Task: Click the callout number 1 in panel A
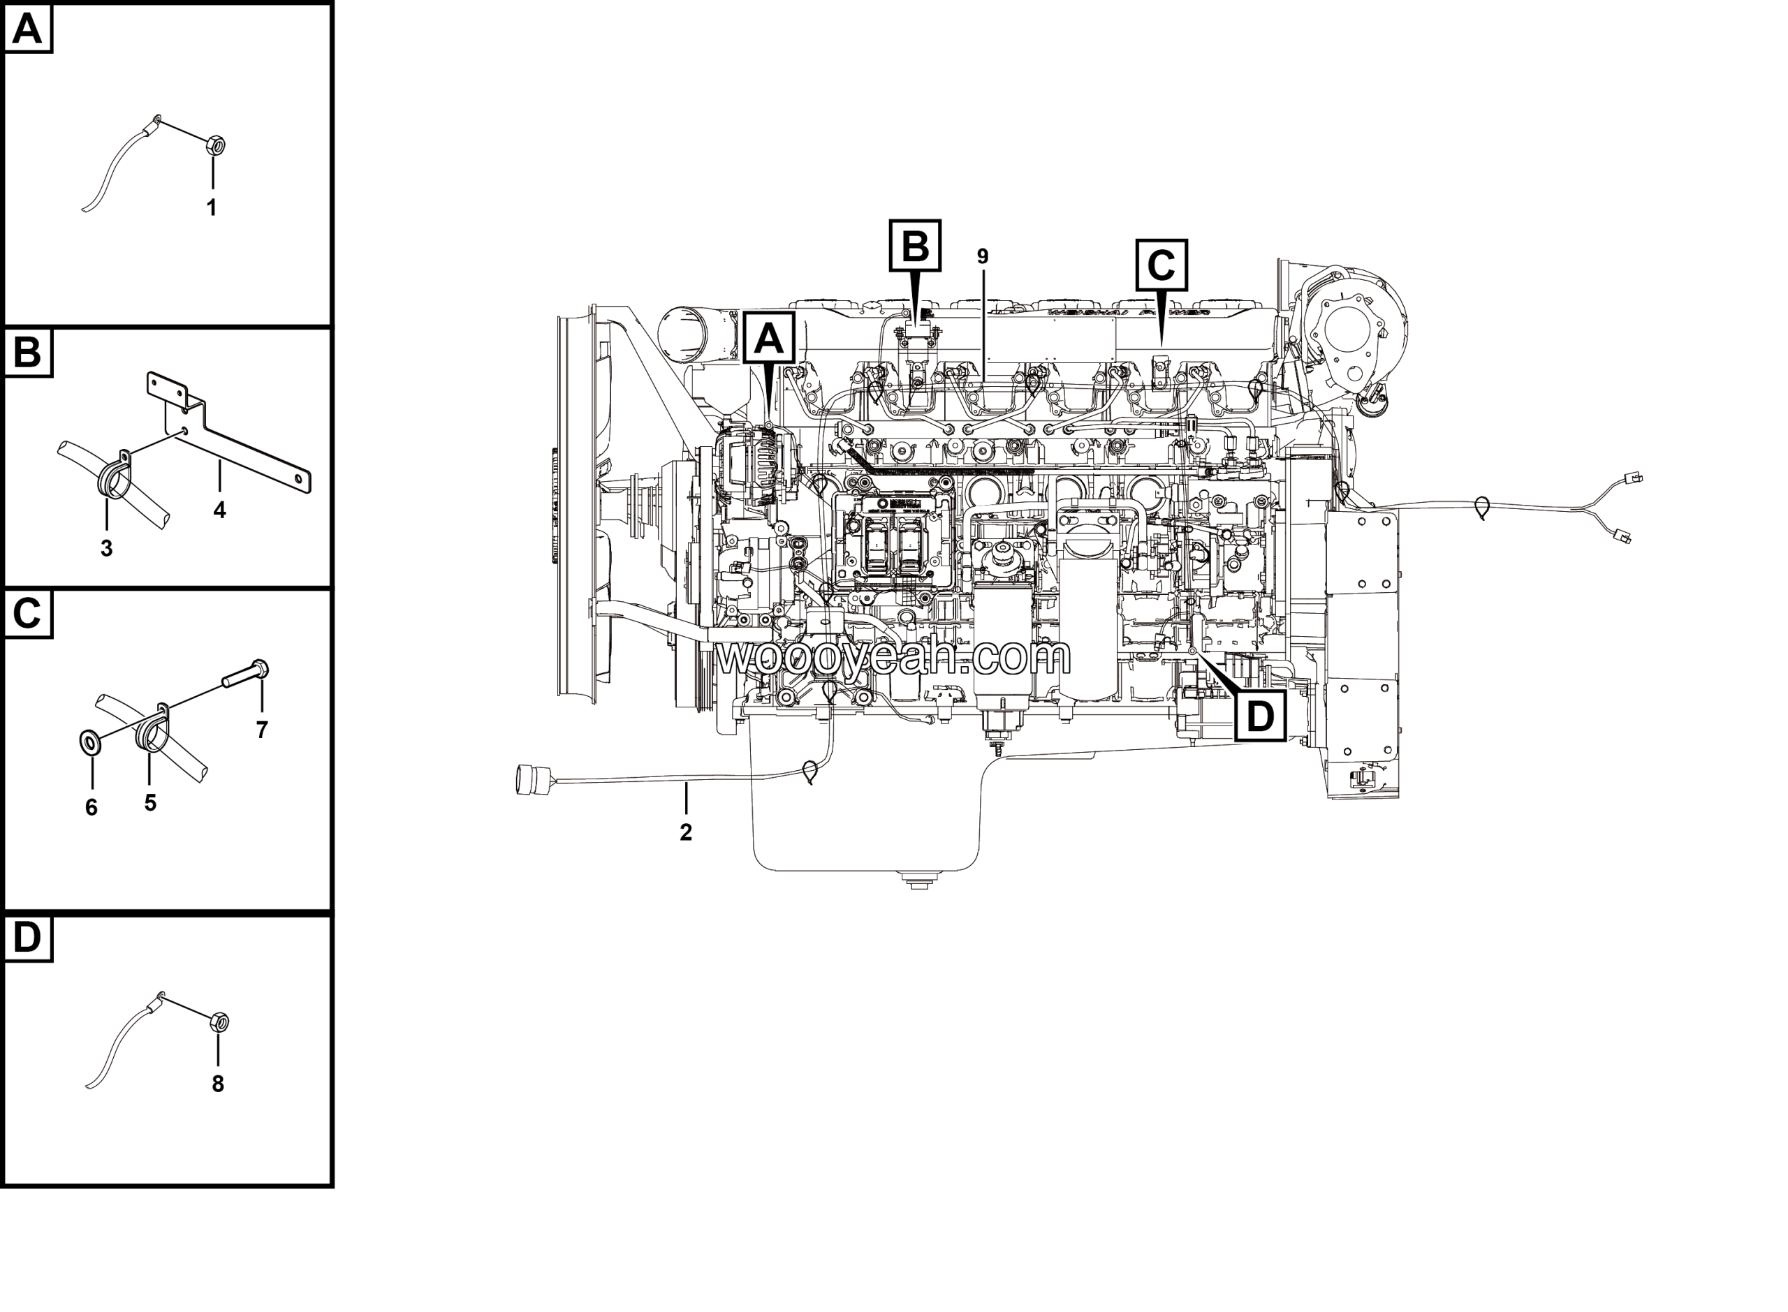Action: pos(212,208)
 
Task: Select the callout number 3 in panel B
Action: pos(106,548)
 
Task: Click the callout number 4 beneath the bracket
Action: pos(219,510)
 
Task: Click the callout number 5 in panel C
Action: pos(150,803)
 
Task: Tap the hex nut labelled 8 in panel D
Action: pos(220,1022)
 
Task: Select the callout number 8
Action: pos(218,1084)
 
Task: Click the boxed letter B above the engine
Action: pos(914,246)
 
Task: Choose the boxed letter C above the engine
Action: pos(1161,265)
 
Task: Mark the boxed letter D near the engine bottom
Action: pos(1260,716)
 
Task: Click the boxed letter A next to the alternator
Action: pos(769,339)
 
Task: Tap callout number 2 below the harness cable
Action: pos(685,832)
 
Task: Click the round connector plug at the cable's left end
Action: pos(530,779)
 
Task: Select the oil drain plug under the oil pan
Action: pos(919,880)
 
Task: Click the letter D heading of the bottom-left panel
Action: pos(27,938)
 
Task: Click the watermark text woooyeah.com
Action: pos(893,657)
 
